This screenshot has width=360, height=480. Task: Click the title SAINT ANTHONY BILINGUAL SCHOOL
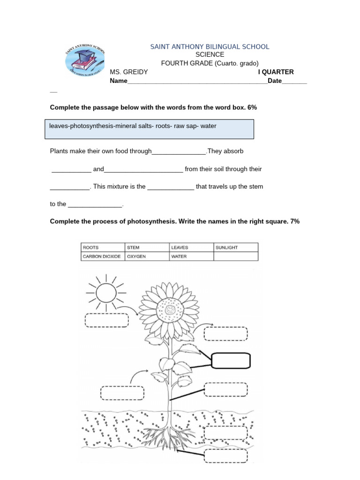(210, 46)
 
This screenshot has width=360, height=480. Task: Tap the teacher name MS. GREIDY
(129, 72)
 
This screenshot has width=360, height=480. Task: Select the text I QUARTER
(276, 72)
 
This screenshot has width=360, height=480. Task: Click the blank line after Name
(197, 81)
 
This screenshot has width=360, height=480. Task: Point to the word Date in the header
(275, 81)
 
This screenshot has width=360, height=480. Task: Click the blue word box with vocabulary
(150, 129)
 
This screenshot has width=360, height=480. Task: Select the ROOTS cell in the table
(103, 247)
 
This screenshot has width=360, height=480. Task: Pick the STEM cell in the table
(147, 247)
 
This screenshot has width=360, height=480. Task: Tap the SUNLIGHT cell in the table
(235, 247)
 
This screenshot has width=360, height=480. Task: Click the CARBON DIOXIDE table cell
(103, 256)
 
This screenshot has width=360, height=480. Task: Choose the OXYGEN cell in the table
(147, 256)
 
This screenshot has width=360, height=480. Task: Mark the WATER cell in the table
(191, 256)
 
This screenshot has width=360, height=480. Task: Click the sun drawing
(105, 294)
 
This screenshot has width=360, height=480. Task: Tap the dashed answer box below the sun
(106, 321)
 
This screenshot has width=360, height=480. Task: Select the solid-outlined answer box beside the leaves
(231, 361)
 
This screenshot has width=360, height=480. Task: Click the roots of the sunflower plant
(170, 434)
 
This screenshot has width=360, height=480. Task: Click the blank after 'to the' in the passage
(95, 204)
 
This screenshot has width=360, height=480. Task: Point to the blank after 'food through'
(179, 151)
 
